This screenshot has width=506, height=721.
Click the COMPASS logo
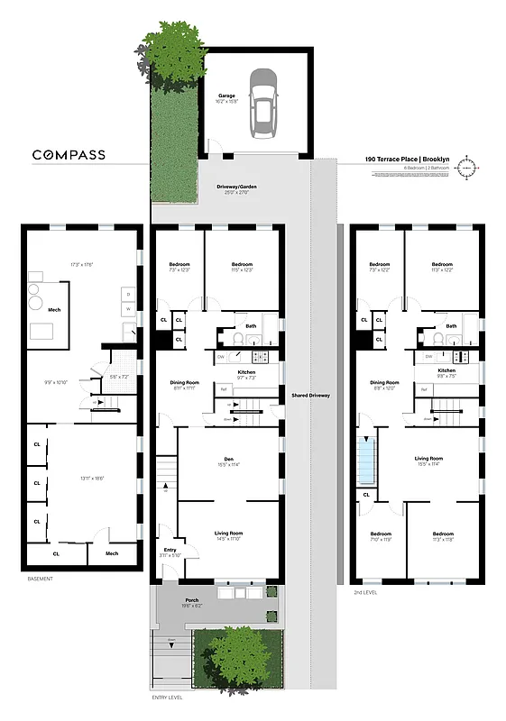69,155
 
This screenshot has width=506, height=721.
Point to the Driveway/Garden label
234,188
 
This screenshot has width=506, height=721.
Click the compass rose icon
467,167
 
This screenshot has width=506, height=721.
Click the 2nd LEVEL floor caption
365,592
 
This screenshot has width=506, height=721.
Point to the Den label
228,461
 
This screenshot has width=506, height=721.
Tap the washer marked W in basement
127,308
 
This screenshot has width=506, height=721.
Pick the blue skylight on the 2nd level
366,460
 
